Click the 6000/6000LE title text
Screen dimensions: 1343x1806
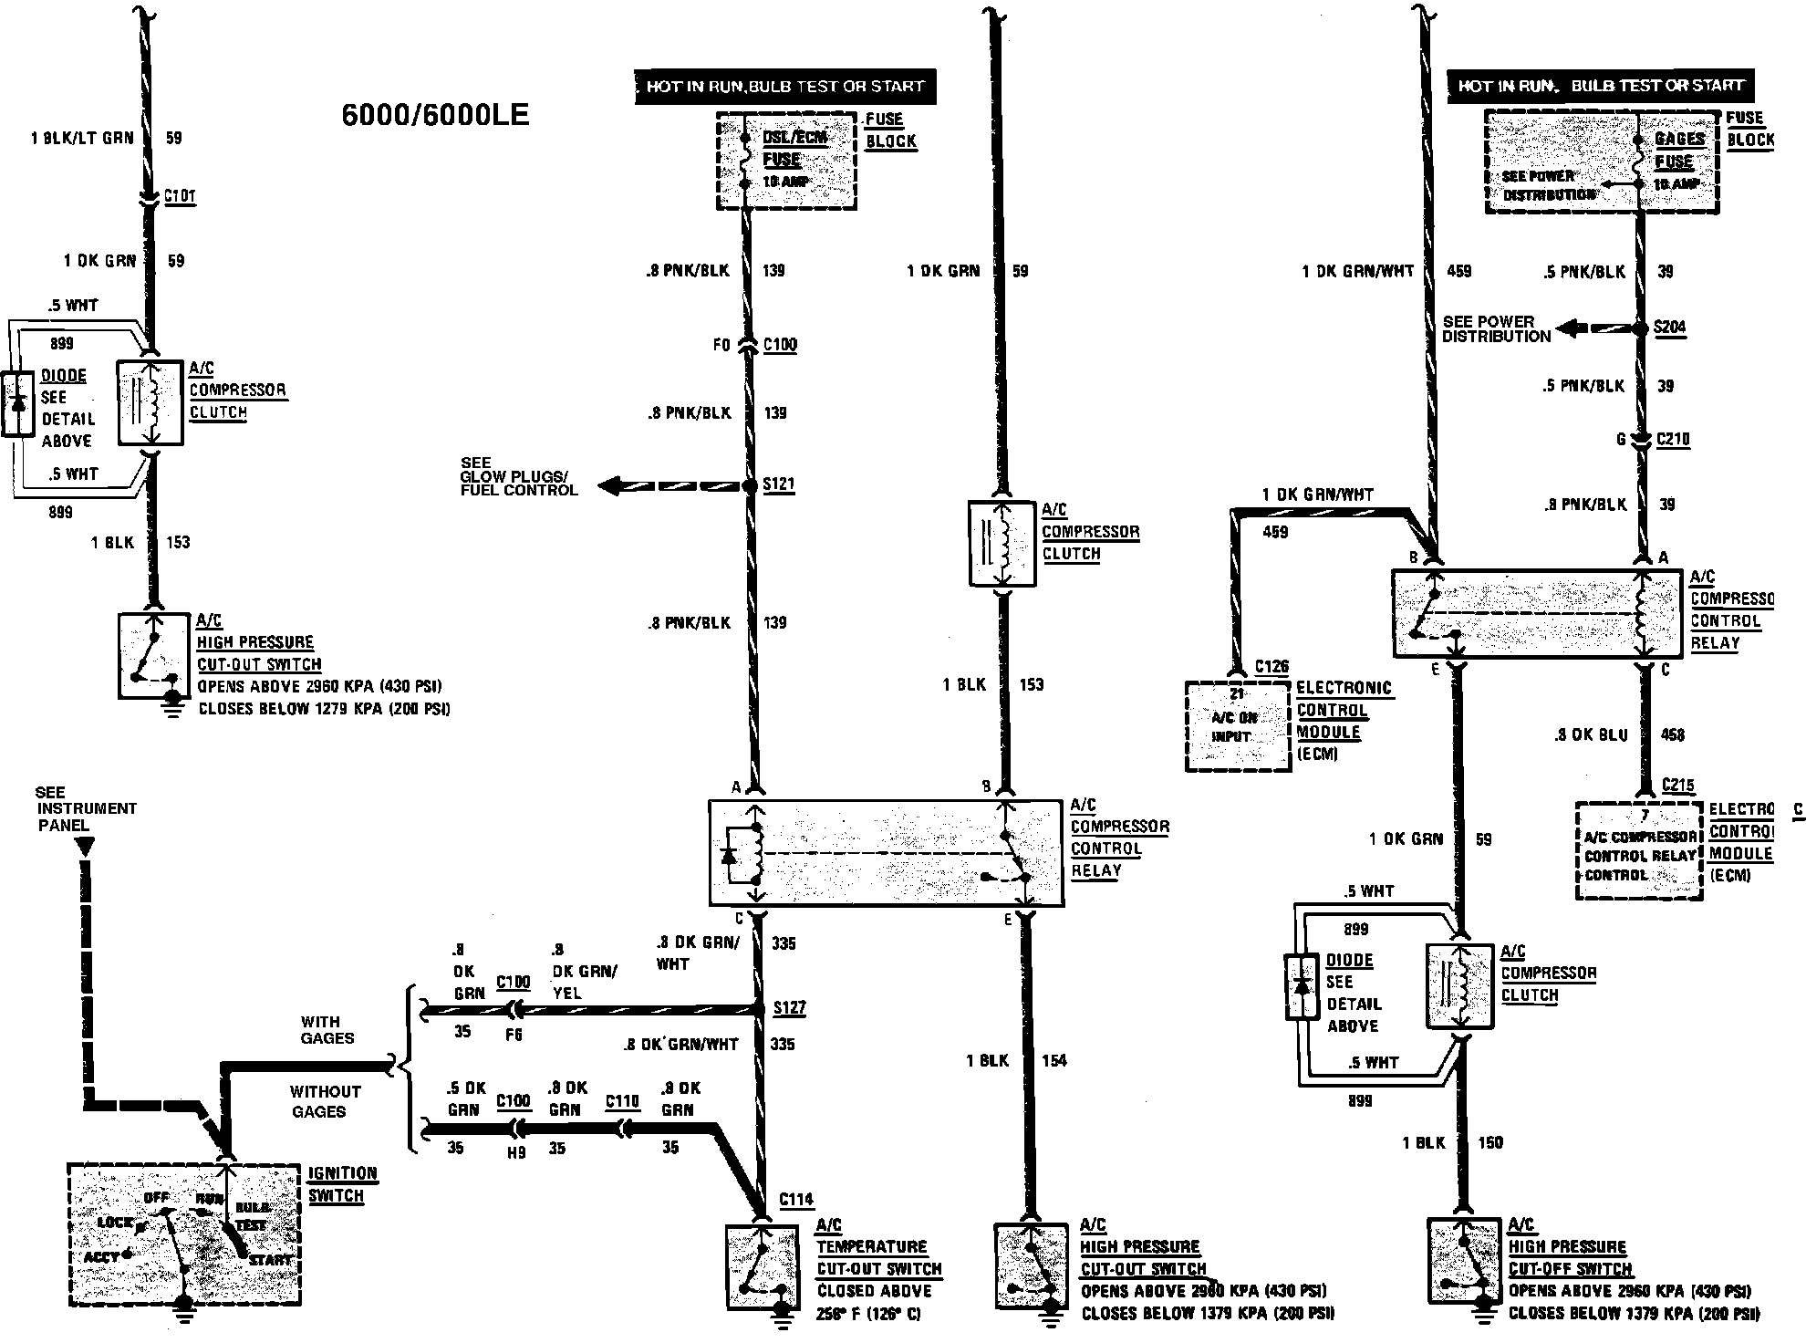click(435, 115)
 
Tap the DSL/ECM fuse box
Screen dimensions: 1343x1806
click(786, 161)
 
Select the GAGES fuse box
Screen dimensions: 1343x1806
click(1602, 162)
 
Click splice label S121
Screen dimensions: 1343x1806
click(778, 484)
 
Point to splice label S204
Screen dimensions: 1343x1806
click(1670, 328)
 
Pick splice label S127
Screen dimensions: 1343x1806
click(789, 1008)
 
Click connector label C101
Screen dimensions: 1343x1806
click(180, 196)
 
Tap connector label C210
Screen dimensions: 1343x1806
click(1673, 440)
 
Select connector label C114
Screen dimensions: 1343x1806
click(796, 1200)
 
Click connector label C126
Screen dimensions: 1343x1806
click(1271, 667)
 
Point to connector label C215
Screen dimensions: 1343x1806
click(1677, 785)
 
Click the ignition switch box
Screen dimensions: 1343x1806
click(184, 1234)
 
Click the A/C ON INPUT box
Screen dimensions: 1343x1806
click(1238, 727)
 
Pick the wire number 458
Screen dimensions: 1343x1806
click(1672, 734)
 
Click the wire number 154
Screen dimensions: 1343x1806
click(1053, 1060)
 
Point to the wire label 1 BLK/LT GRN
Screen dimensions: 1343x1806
click(82, 138)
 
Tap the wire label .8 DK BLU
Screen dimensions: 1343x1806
click(1591, 734)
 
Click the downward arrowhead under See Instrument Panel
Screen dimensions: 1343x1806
click(84, 848)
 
